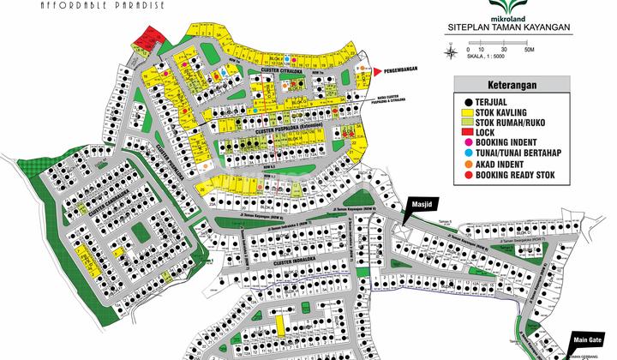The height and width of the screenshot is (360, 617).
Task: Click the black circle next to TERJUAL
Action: (x=469, y=101)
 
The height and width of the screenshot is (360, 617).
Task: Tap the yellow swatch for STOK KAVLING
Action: (x=469, y=112)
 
